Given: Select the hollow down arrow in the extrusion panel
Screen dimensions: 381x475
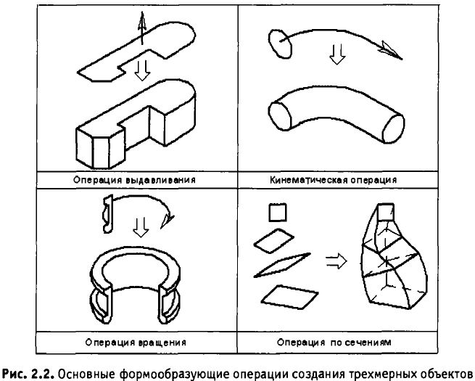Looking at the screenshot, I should point(142,69).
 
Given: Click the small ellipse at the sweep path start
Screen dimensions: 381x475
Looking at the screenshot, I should point(279,42).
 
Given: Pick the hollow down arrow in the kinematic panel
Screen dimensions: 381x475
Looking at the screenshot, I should point(334,55).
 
